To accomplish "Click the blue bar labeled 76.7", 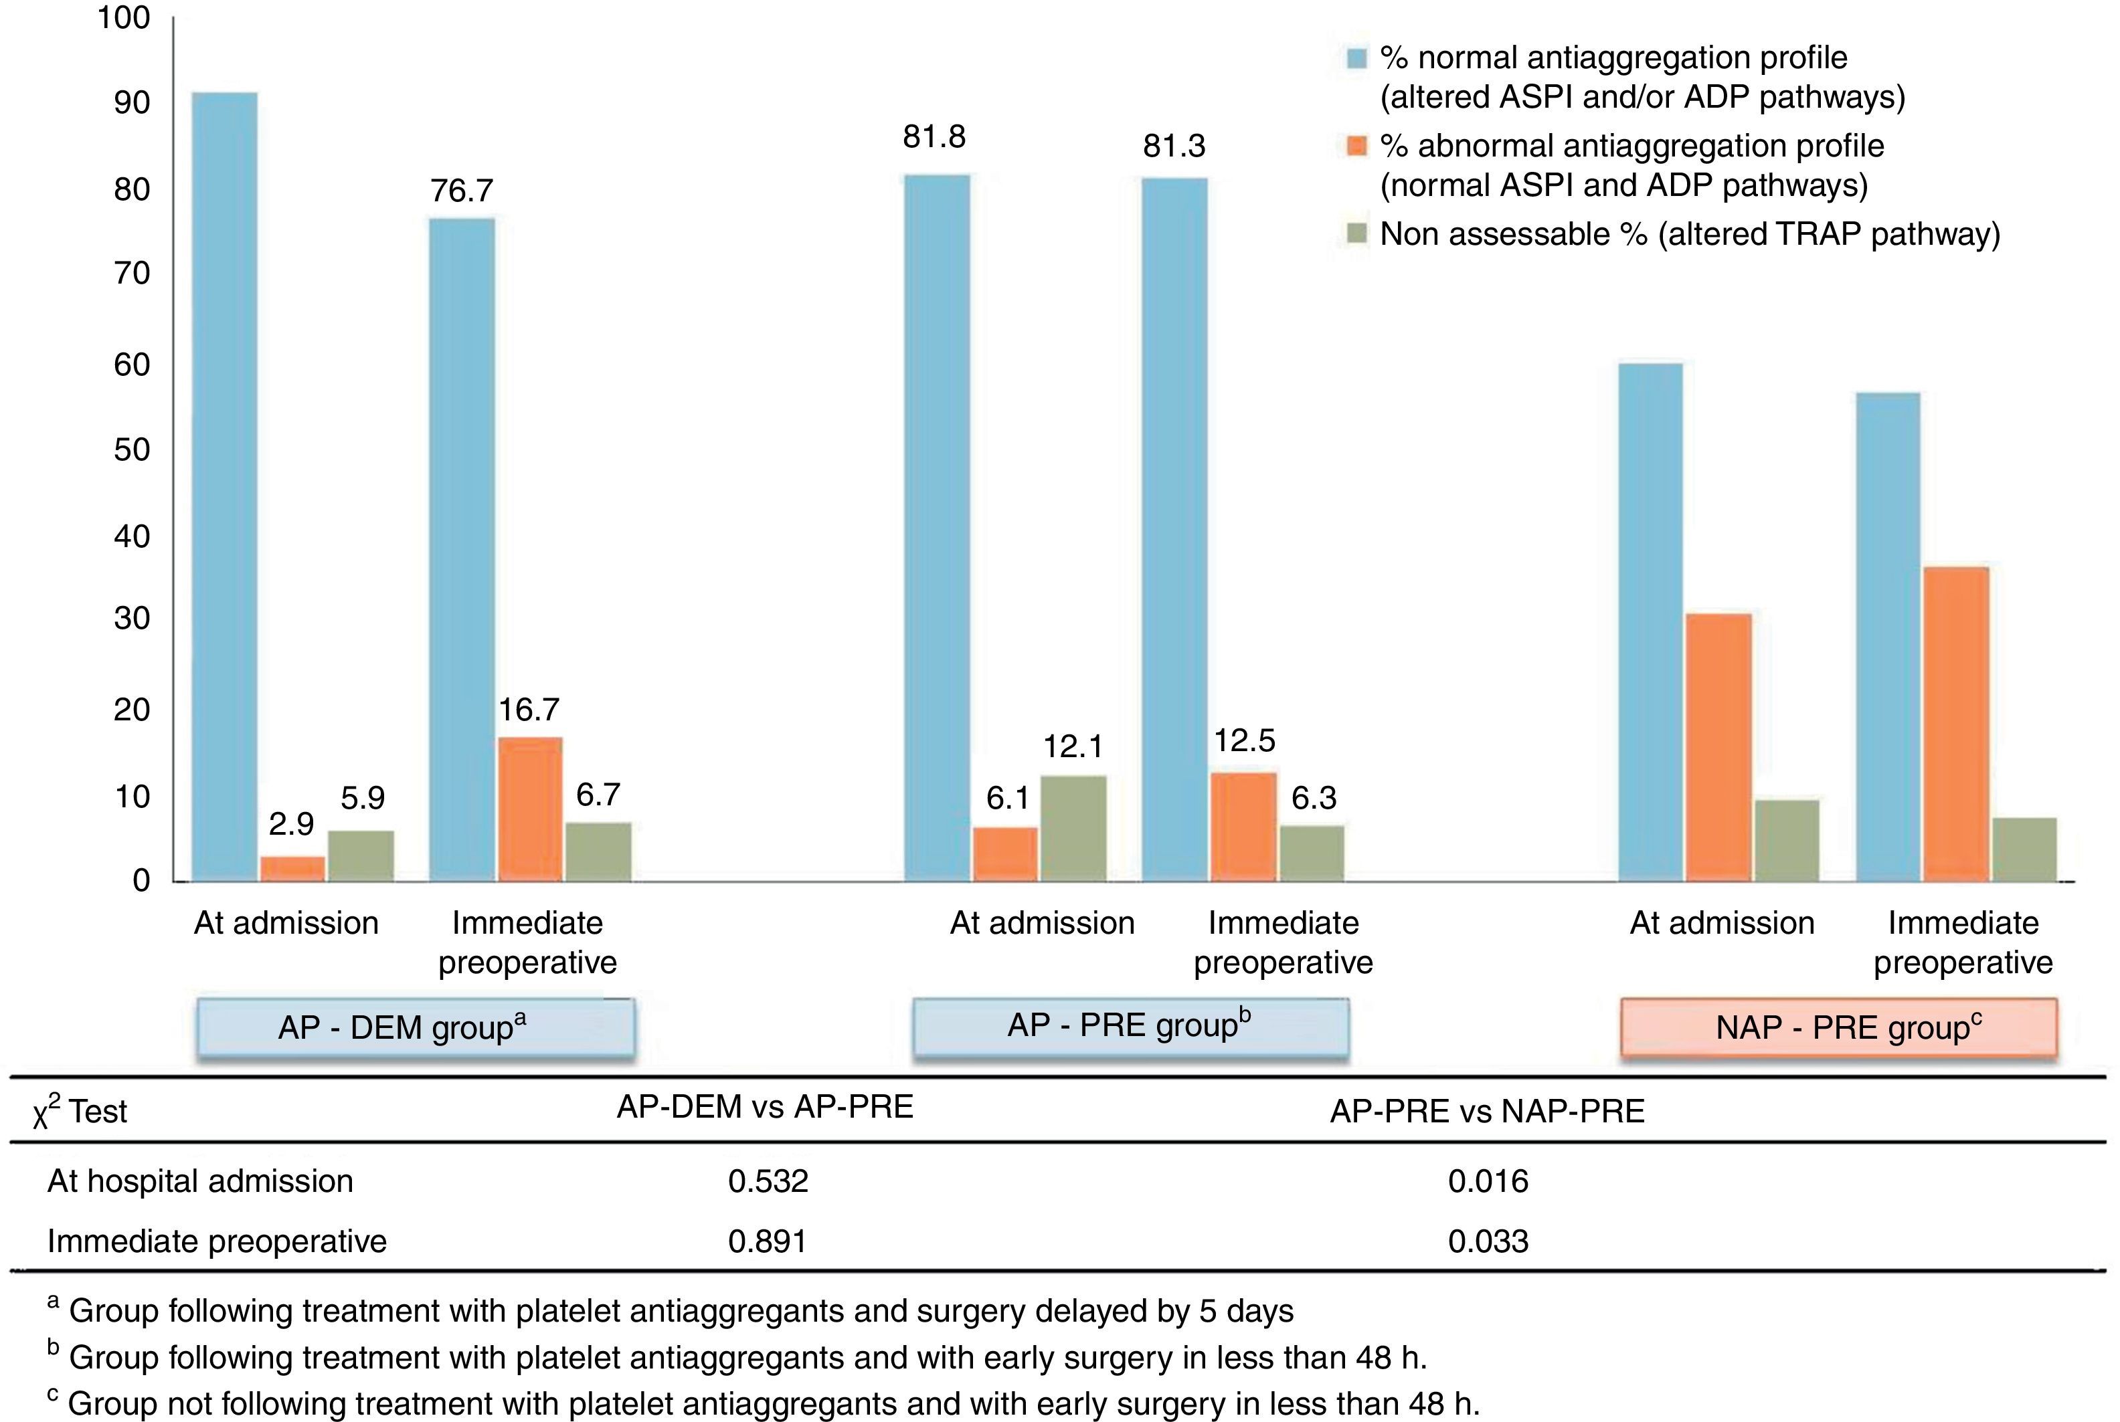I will coord(462,548).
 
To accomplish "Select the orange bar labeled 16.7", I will coord(530,808).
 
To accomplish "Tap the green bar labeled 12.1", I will coord(1073,827).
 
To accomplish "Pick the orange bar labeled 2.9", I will coord(292,868).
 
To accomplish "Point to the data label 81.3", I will coord(1174,146).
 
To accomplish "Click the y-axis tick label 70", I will coord(132,273).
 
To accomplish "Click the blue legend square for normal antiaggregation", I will coord(1357,59).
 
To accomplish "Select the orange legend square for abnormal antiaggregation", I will coord(1357,146).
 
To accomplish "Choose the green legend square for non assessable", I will coord(1357,234).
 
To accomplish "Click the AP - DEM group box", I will coord(416,1027).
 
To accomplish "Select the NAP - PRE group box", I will coord(1838,1027).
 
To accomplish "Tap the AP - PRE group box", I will coord(1130,1027).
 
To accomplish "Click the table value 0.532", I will coord(768,1181).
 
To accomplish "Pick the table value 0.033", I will coord(1488,1241).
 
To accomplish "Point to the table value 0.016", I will coord(1488,1181).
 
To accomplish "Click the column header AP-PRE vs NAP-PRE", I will coord(1487,1112).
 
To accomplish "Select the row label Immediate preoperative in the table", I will coord(217,1241).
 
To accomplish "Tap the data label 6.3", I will coord(1314,798).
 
